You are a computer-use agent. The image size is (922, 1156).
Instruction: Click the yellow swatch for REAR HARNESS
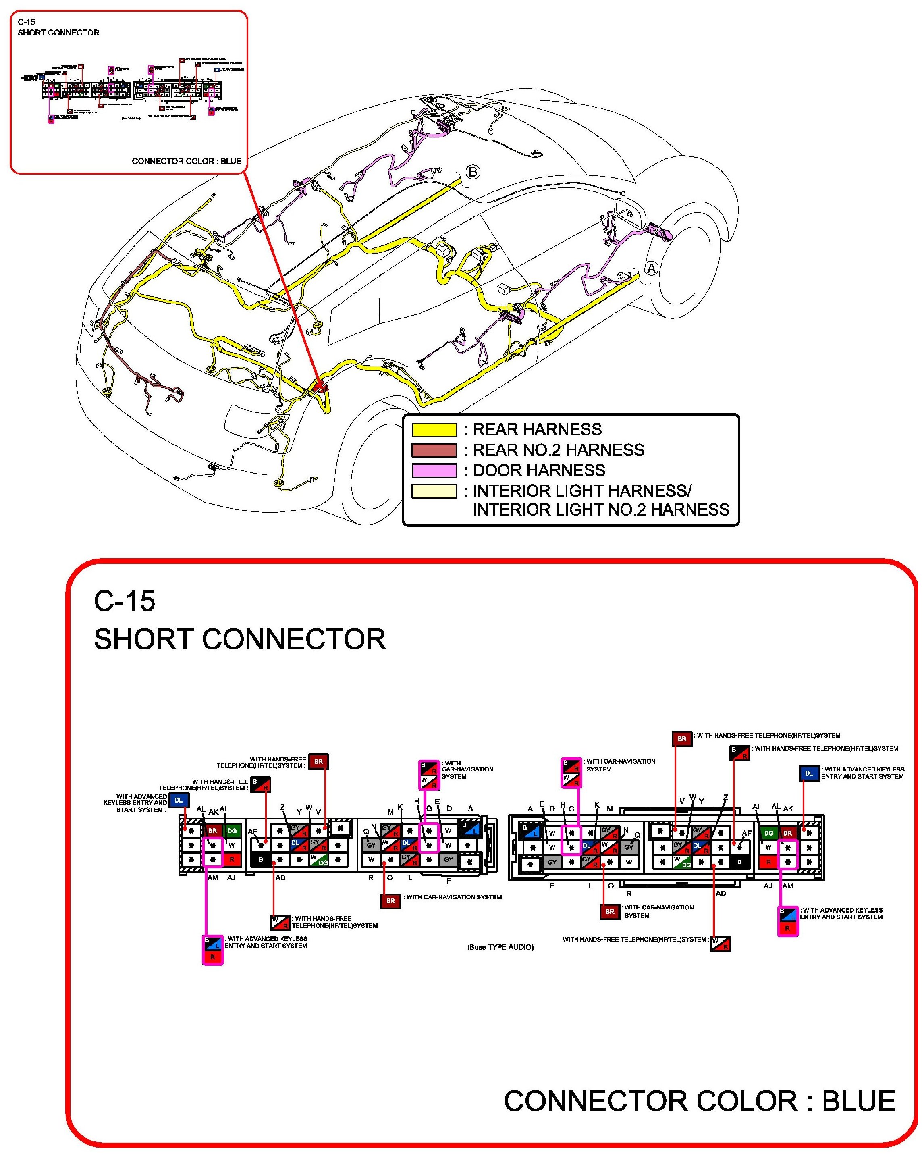pyautogui.click(x=434, y=430)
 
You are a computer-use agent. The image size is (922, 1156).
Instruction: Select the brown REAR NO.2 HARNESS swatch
pyautogui.click(x=434, y=450)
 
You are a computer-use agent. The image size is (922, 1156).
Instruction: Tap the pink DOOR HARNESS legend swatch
pyautogui.click(x=434, y=471)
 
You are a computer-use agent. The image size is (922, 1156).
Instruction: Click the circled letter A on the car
pyautogui.click(x=651, y=268)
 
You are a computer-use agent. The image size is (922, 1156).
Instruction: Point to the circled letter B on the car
pyautogui.click(x=472, y=172)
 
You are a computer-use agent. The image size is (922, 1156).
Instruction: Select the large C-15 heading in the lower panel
pyautogui.click(x=125, y=601)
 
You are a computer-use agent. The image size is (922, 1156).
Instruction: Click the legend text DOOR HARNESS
pyautogui.click(x=539, y=471)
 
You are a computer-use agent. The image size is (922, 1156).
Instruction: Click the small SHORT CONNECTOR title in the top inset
pyautogui.click(x=58, y=33)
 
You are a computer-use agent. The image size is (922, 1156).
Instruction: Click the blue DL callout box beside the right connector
pyautogui.click(x=809, y=773)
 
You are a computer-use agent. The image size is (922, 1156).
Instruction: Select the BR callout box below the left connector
pyautogui.click(x=390, y=901)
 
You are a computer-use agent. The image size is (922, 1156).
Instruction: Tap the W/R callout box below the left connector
pyautogui.click(x=280, y=923)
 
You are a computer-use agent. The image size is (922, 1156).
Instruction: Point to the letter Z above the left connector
pyautogui.click(x=282, y=807)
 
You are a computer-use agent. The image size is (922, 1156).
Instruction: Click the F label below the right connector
pyautogui.click(x=552, y=886)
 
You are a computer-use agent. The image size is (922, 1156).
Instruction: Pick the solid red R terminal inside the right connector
pyautogui.click(x=768, y=862)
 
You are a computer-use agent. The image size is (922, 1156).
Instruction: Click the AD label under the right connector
pyautogui.click(x=721, y=893)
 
